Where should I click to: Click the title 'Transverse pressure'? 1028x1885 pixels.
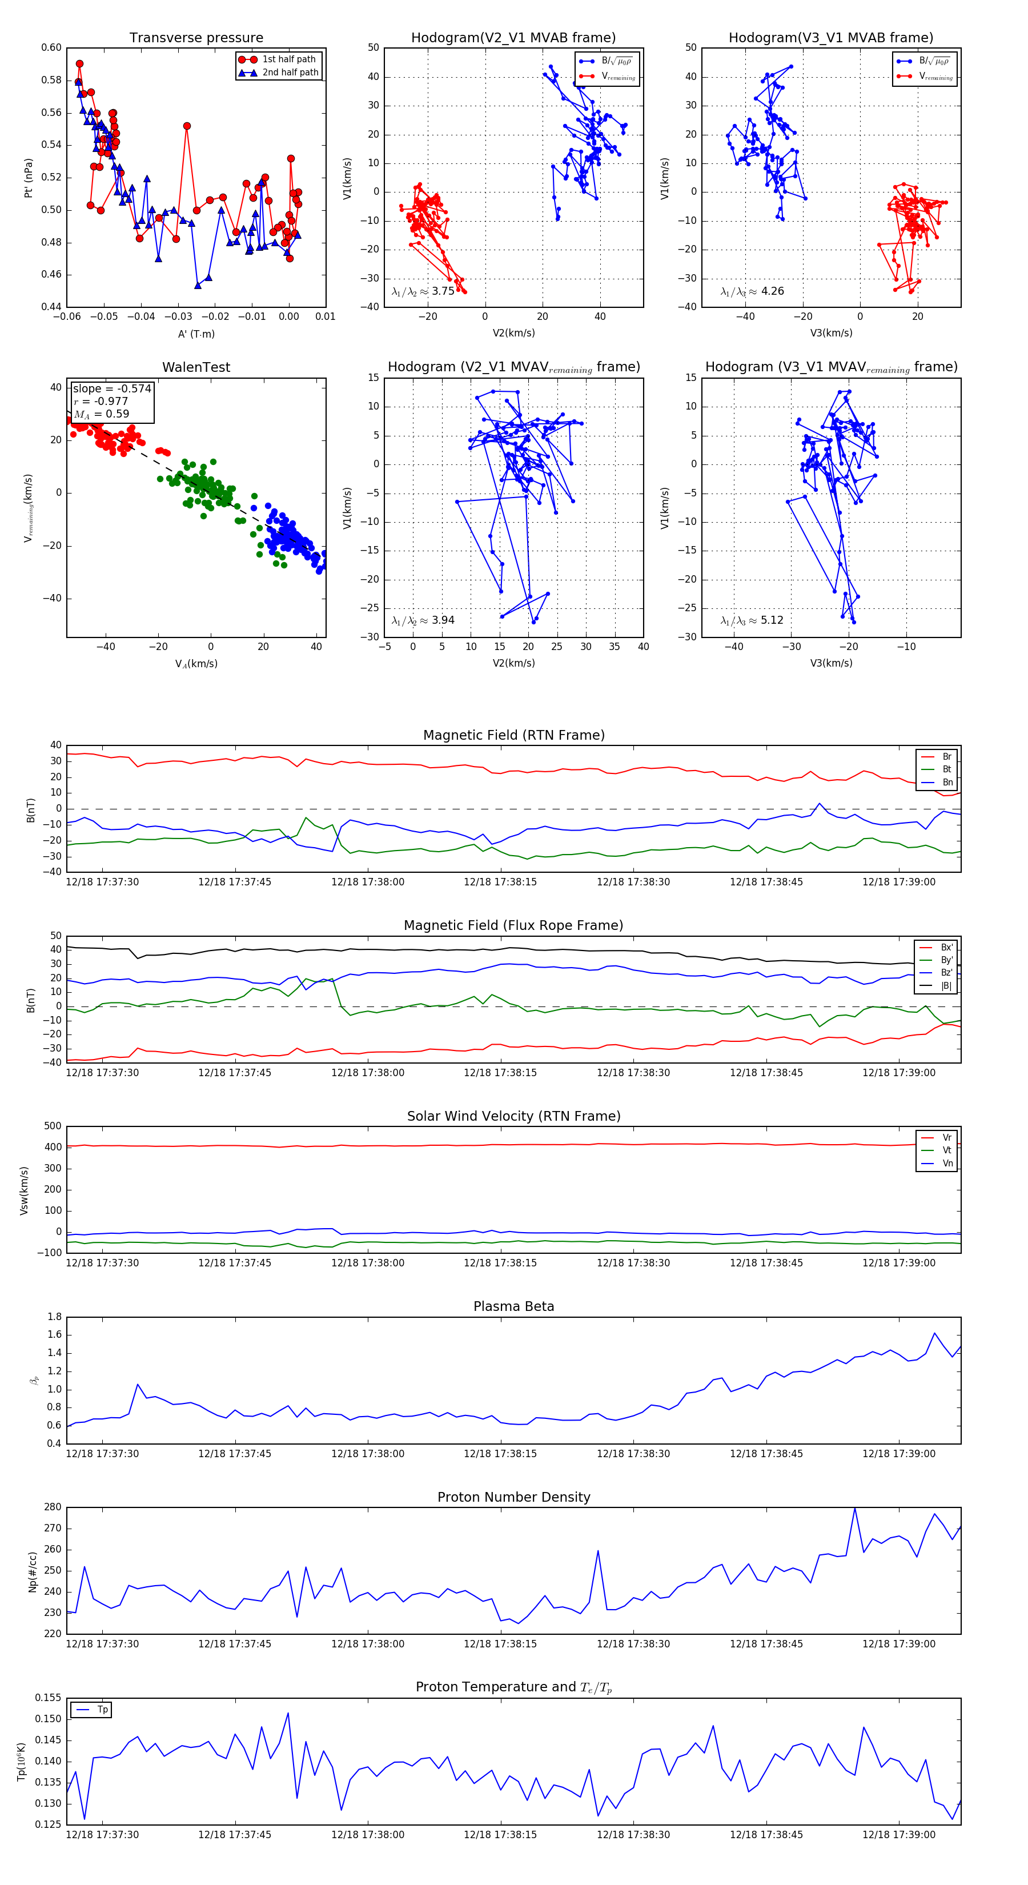(196, 38)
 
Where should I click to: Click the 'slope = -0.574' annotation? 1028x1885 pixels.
(112, 388)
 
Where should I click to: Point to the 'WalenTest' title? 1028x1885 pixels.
(196, 367)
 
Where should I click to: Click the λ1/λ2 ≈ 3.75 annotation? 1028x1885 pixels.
(423, 291)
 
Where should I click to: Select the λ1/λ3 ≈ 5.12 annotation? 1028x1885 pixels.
(752, 620)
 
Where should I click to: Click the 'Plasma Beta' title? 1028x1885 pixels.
(513, 1306)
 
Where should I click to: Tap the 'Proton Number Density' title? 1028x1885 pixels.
(513, 1497)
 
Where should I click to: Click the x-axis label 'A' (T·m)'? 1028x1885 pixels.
(196, 334)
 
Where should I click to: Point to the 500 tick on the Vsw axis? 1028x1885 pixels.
(52, 1126)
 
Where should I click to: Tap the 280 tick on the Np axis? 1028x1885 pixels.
(52, 1507)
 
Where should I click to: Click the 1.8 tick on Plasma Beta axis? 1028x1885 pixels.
(54, 1317)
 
